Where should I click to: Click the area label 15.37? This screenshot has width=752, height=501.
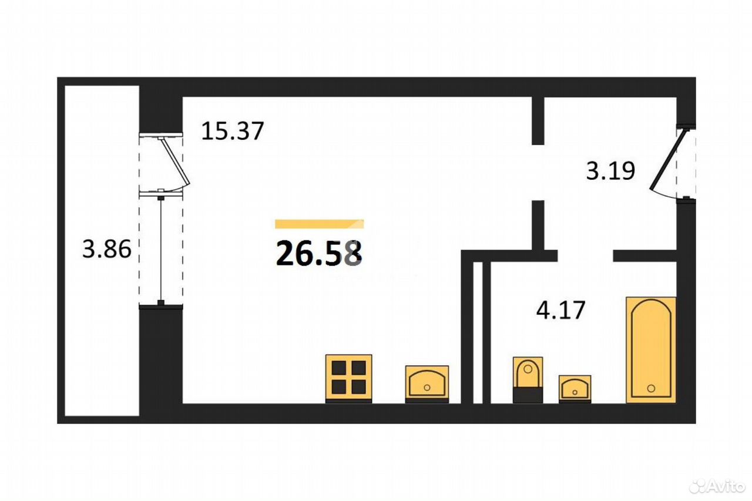pyautogui.click(x=232, y=131)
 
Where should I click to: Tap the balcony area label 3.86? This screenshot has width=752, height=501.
pyautogui.click(x=107, y=249)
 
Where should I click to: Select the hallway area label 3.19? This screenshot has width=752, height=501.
pyautogui.click(x=610, y=171)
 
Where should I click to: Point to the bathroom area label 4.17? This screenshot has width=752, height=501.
pyautogui.click(x=560, y=310)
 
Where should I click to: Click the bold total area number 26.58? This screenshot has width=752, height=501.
pyautogui.click(x=319, y=253)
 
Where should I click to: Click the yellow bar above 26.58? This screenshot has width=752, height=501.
pyautogui.click(x=319, y=224)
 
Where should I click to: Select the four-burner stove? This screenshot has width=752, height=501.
pyautogui.click(x=349, y=379)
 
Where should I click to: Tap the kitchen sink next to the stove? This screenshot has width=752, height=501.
pyautogui.click(x=427, y=384)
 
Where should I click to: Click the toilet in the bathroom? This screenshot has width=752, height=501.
pyautogui.click(x=528, y=380)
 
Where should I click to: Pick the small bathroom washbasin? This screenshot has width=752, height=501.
pyautogui.click(x=575, y=389)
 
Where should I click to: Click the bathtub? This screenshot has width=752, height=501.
pyautogui.click(x=651, y=350)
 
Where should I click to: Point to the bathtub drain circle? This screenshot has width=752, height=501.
pyautogui.click(x=651, y=389)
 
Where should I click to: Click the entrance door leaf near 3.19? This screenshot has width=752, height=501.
pyautogui.click(x=666, y=160)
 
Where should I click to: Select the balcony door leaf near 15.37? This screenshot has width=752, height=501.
pyautogui.click(x=176, y=161)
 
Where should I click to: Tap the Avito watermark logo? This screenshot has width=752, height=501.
pyautogui.click(x=716, y=486)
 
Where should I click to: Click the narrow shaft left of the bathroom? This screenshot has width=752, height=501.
pyautogui.click(x=478, y=332)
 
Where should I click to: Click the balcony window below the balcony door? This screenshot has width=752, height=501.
pyautogui.click(x=161, y=250)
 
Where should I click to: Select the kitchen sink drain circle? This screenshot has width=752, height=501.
pyautogui.click(x=427, y=388)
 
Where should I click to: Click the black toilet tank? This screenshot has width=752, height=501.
pyautogui.click(x=528, y=395)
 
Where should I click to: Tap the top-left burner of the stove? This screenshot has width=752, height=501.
pyautogui.click(x=339, y=368)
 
